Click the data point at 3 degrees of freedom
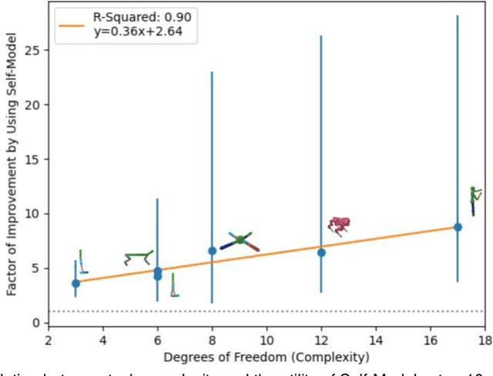75,284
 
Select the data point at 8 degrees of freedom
213,250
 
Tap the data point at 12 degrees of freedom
321,253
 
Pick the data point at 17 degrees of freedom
458,227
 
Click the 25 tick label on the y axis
32,49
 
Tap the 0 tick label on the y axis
35,323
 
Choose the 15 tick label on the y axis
32,159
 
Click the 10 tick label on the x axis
267,339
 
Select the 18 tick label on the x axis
485,339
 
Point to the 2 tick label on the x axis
49,339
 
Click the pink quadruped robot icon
339,224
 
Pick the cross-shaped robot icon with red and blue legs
239,240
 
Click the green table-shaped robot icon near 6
139,257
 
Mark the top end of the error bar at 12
321,36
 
